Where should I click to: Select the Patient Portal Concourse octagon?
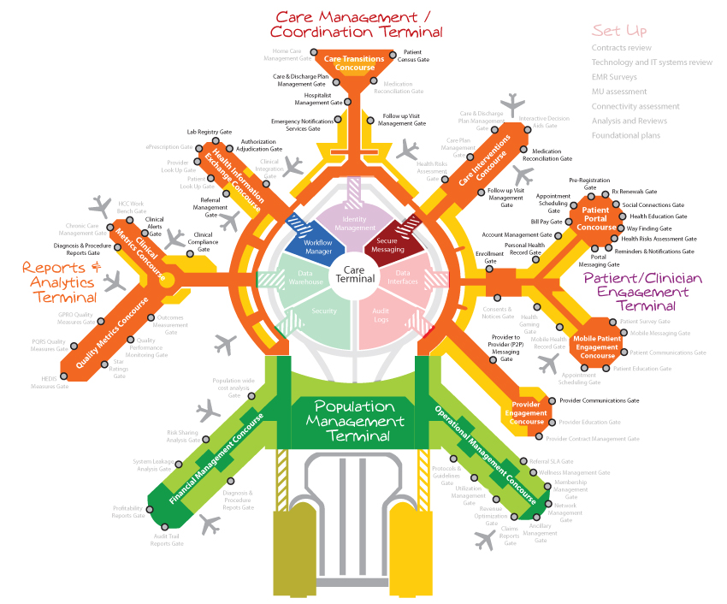tap(595, 217)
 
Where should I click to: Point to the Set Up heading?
tap(619, 31)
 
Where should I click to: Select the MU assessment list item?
tap(619, 92)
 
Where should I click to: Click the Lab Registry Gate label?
tap(210, 133)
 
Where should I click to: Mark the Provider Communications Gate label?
tap(600, 400)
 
